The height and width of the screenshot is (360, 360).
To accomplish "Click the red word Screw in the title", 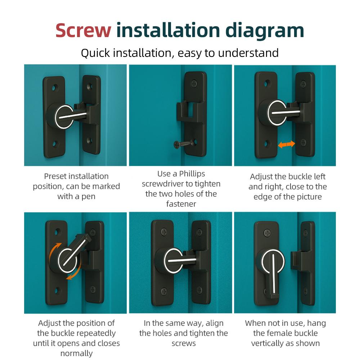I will tap(83, 30).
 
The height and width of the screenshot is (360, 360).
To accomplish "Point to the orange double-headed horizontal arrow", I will tap(287, 144).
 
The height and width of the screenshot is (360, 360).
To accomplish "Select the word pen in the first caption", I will tap(89, 197).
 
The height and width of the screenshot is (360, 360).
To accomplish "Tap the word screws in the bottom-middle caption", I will tap(184, 343).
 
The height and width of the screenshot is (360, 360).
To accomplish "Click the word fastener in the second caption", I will tap(181, 204).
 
